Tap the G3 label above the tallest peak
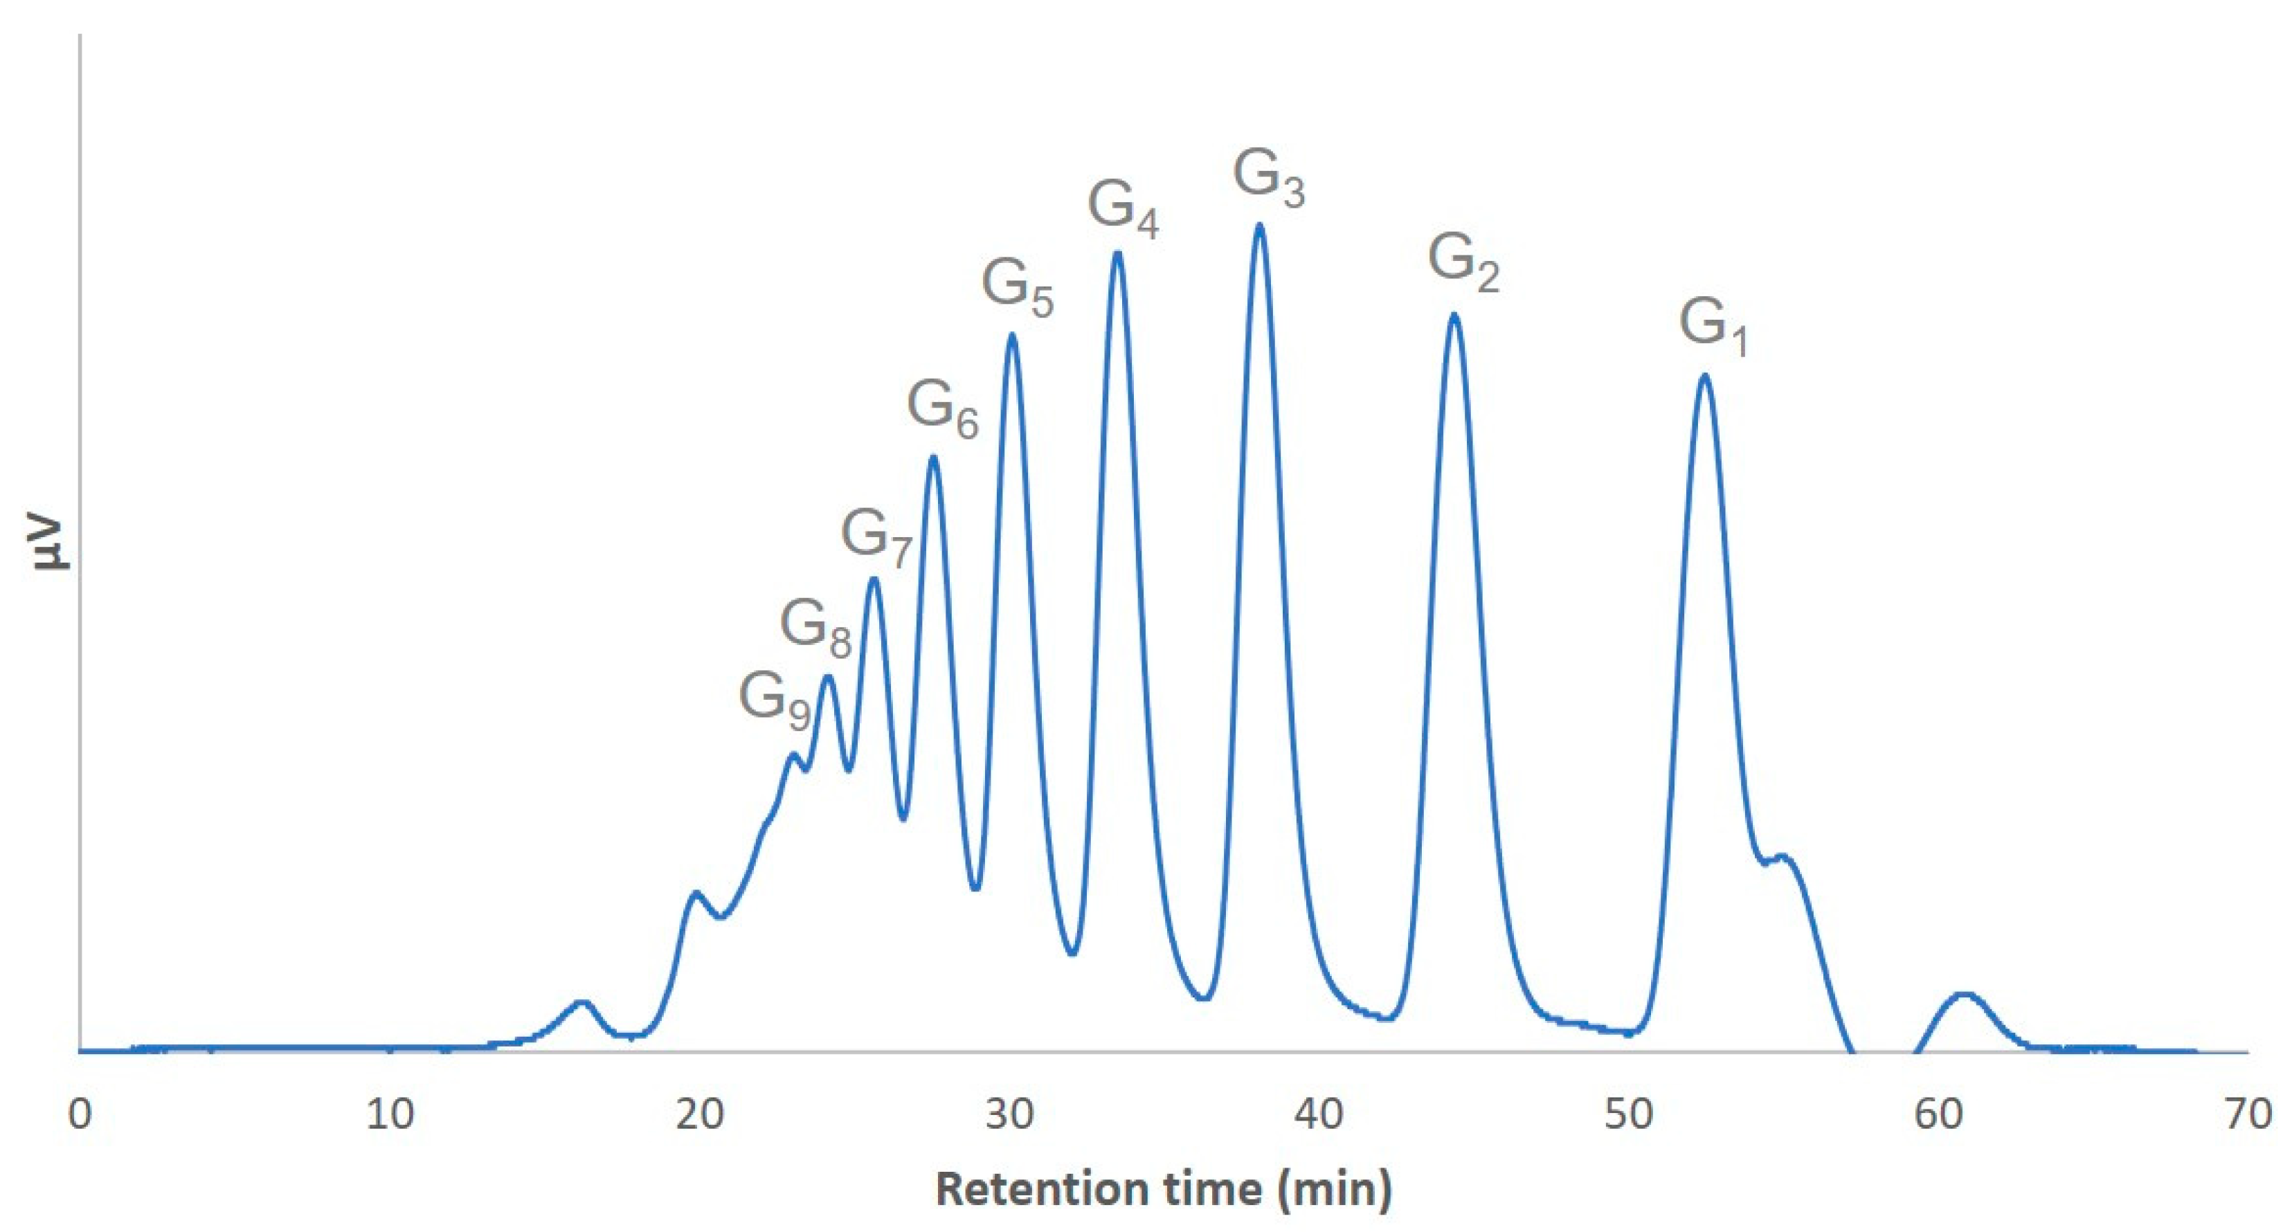1269,179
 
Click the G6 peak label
942,410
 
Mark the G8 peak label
815,628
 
